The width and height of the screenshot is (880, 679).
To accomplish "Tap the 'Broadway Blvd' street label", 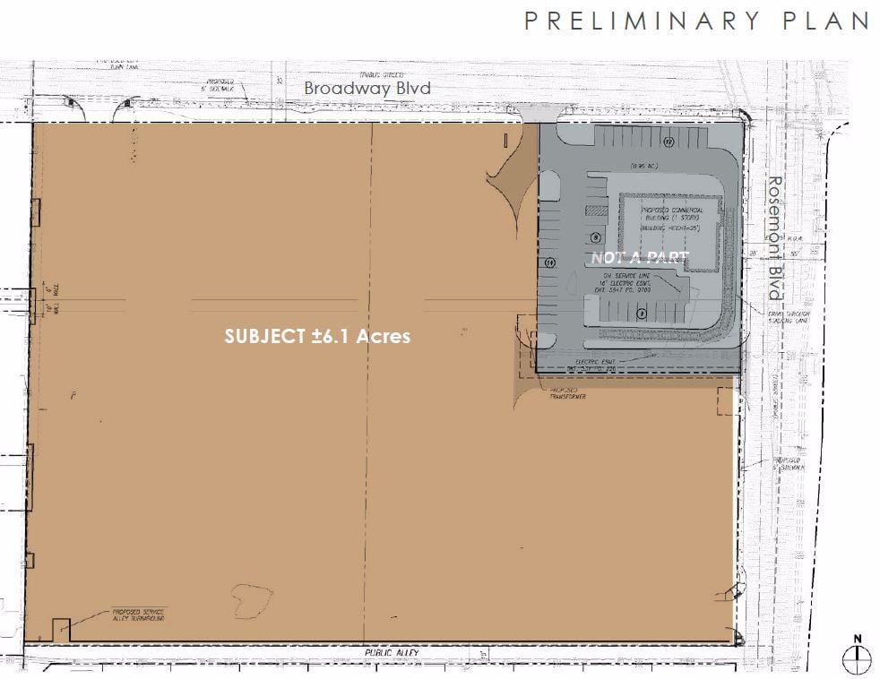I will click(367, 88).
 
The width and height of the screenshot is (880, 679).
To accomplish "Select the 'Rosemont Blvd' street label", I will click(773, 239).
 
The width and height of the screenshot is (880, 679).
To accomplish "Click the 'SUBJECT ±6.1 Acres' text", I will click(317, 336).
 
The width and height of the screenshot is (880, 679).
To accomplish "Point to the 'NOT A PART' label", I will click(640, 258).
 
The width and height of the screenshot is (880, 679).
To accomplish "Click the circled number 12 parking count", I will click(669, 142).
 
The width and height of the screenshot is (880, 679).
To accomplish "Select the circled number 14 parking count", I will click(549, 262).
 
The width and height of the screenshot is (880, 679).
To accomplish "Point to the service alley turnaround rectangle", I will click(61, 631).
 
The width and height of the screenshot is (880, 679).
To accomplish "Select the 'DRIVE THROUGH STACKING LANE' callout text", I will click(788, 320).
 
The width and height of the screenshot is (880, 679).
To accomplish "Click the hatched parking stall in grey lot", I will click(596, 210).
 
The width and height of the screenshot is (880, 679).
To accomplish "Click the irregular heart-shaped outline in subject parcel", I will click(251, 599).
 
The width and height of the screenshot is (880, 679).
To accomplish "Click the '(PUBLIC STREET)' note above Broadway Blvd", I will click(382, 74).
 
